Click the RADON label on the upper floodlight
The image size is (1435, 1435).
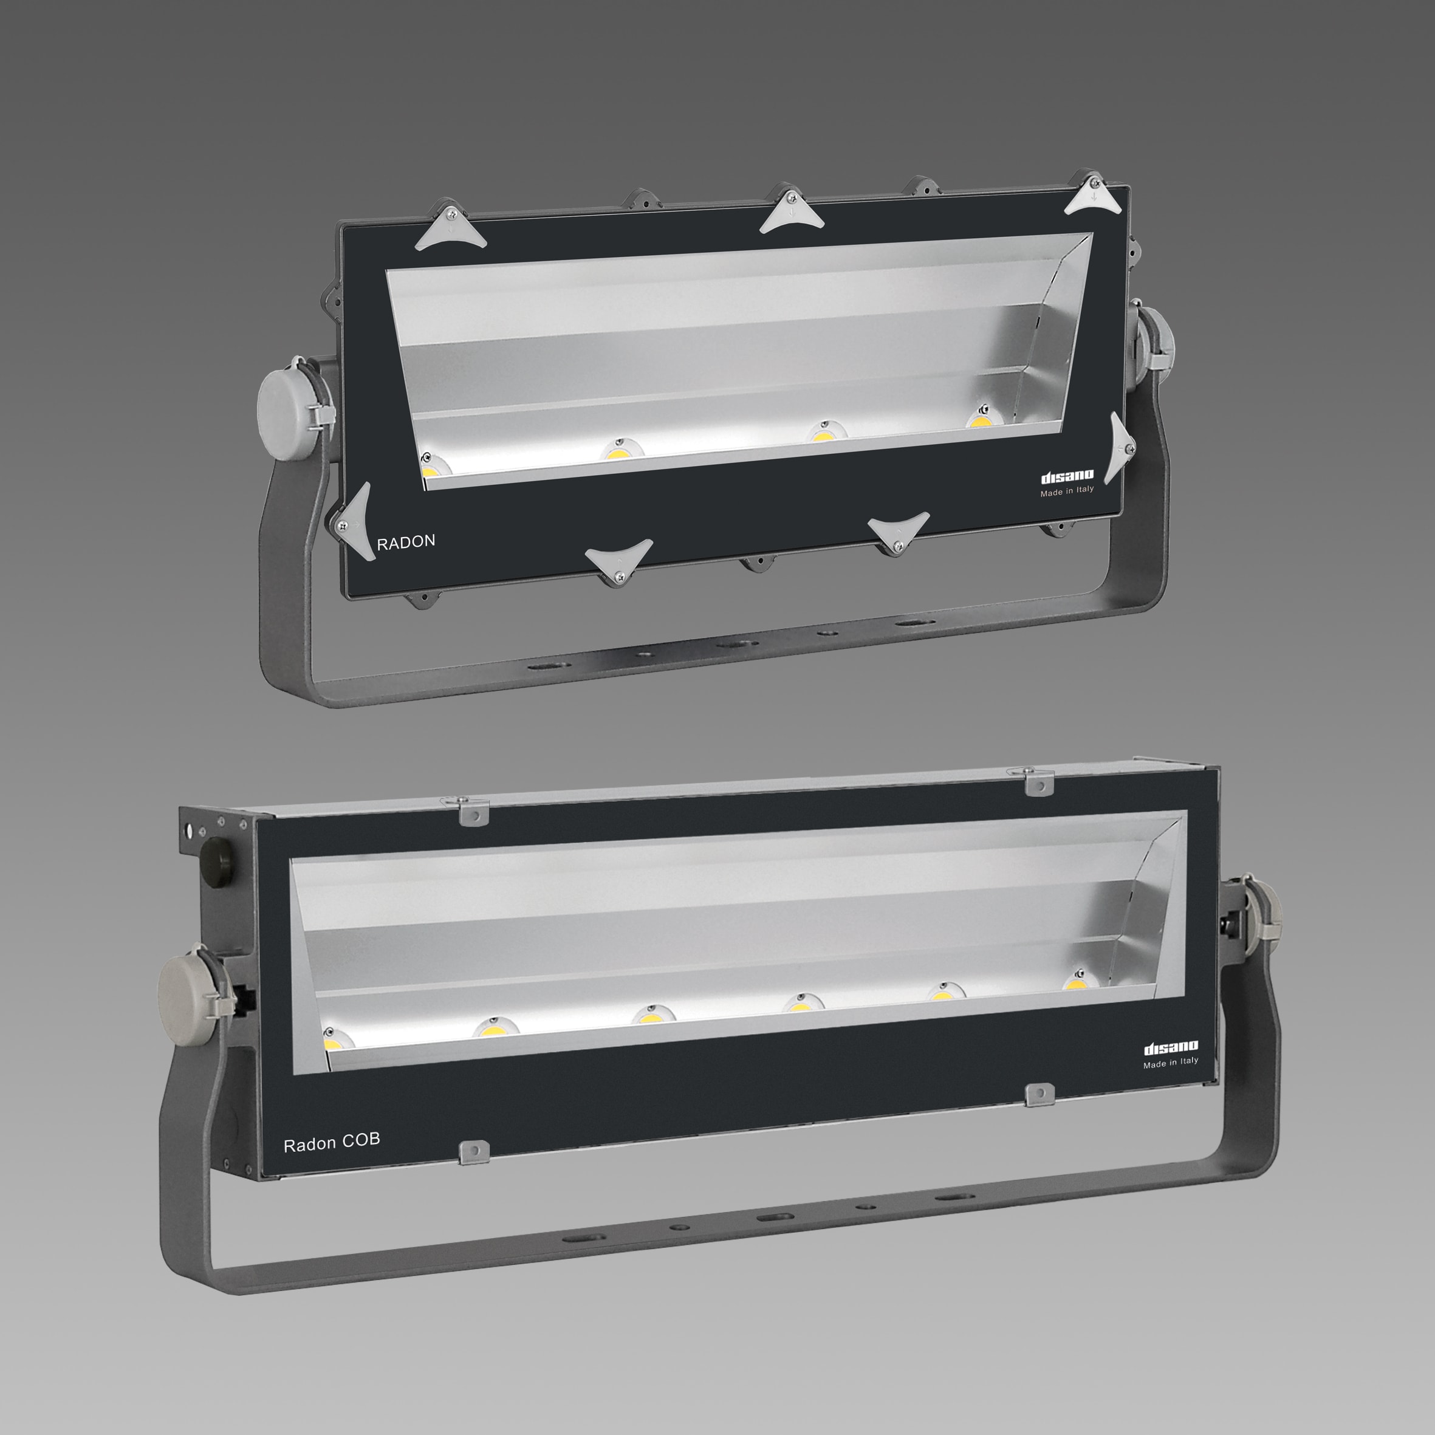pos(406,542)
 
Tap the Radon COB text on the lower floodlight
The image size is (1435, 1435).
pos(331,1142)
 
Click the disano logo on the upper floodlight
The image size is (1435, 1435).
pos(1067,476)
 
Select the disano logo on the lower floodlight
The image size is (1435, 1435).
pos(1171,1048)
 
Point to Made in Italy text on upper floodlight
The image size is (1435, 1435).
pos(1067,491)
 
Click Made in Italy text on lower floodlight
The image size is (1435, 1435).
pos(1171,1063)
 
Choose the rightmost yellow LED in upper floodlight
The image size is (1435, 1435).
pos(981,421)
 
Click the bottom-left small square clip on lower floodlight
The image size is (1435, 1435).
pos(474,1152)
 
